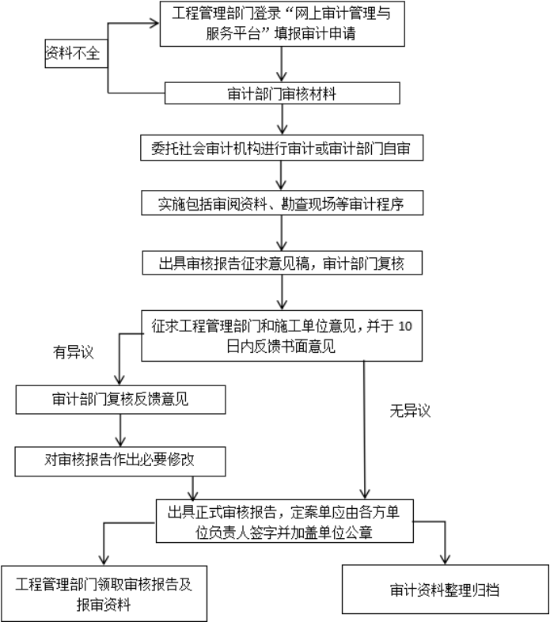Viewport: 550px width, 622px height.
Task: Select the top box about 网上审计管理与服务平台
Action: (x=281, y=24)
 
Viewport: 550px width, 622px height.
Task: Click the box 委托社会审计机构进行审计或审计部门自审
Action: (x=281, y=147)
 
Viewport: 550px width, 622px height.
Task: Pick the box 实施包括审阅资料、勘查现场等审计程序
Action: (x=281, y=203)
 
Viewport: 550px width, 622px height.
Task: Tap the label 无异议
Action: (x=409, y=411)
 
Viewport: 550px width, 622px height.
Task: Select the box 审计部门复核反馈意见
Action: (x=120, y=399)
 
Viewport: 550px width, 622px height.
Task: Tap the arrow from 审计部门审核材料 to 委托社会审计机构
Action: (x=281, y=119)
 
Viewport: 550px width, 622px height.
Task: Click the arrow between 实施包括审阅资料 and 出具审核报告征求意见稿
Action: (x=281, y=233)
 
